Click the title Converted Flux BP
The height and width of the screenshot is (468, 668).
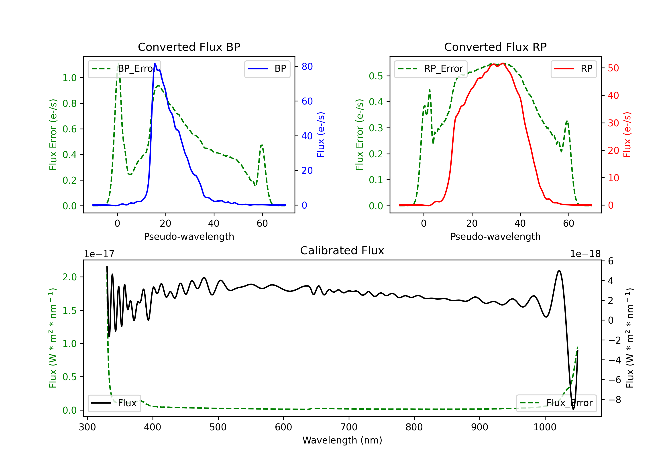(189, 47)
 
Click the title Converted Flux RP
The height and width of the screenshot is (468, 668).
(495, 47)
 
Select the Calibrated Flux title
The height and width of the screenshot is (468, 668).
(342, 250)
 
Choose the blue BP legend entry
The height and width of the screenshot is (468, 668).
(267, 69)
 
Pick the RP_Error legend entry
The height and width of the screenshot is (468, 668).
(431, 69)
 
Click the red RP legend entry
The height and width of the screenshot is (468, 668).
(573, 69)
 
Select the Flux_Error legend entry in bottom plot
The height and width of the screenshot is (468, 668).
(556, 403)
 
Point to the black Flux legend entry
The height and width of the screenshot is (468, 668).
(114, 403)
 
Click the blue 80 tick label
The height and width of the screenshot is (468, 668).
(307, 66)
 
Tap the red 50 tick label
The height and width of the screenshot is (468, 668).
(613, 68)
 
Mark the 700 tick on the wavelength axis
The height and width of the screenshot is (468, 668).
(349, 427)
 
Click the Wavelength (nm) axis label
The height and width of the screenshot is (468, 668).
(342, 440)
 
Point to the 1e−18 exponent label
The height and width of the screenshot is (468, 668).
(585, 254)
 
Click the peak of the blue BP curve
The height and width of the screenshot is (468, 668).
(155, 63)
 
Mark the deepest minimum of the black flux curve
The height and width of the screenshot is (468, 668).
(573, 409)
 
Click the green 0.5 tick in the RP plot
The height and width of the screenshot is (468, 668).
(376, 76)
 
